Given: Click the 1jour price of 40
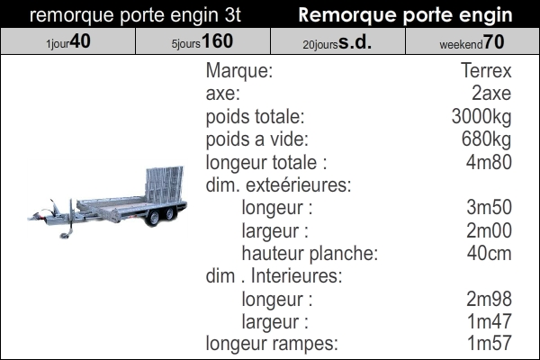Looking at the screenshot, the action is [x=80, y=41].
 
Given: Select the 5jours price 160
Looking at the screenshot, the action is [x=217, y=41].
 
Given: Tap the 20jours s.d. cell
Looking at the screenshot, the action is [x=337, y=41].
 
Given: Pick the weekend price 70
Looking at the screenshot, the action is [x=494, y=41].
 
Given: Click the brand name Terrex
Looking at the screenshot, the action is [x=486, y=70].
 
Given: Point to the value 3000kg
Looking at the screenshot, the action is [x=481, y=117].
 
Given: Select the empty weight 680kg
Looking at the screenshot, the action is [x=486, y=139].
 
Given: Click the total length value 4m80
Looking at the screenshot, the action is [x=489, y=162].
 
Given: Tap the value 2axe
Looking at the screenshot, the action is [x=491, y=94].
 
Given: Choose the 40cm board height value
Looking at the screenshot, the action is [x=489, y=253].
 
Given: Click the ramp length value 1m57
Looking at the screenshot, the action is [x=489, y=343].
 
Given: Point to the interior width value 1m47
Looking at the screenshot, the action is [x=489, y=321].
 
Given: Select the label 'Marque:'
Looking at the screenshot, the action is [x=239, y=70].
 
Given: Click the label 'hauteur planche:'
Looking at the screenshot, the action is [x=310, y=254].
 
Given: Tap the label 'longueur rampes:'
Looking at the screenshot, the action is [x=272, y=344].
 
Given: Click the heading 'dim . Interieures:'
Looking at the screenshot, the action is [x=274, y=276].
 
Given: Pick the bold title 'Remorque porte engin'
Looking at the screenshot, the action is [x=405, y=15].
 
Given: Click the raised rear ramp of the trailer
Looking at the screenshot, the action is [x=164, y=184].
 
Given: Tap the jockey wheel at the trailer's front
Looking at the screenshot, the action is [x=65, y=235].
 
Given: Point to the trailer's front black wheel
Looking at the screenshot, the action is [x=153, y=218].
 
